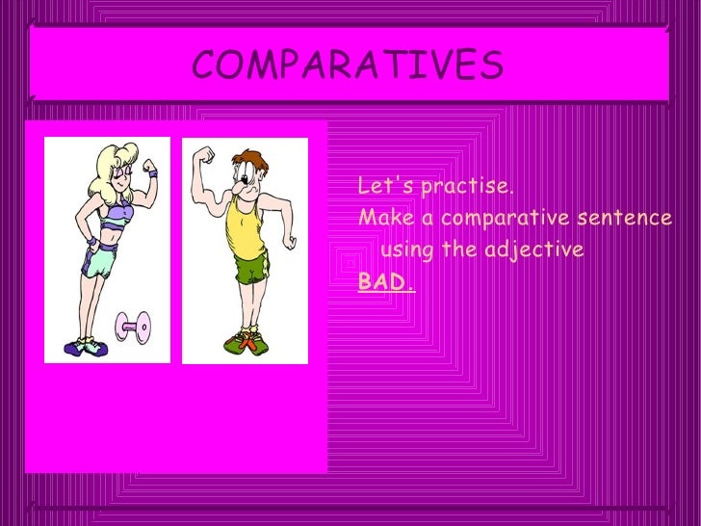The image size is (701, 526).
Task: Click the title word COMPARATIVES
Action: pyautogui.click(x=348, y=66)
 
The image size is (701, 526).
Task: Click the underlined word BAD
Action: pyautogui.click(x=385, y=282)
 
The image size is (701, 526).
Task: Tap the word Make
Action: pyautogui.click(x=379, y=218)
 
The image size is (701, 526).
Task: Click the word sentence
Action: pyautogui.click(x=617, y=218)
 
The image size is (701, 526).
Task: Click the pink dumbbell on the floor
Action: pyautogui.click(x=132, y=329)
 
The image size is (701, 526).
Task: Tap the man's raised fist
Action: pyautogui.click(x=204, y=155)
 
